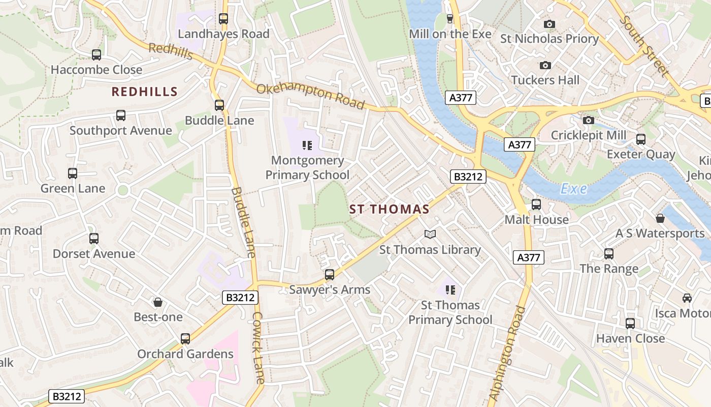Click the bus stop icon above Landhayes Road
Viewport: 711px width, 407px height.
click(223, 19)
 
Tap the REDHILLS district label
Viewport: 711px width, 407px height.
click(144, 92)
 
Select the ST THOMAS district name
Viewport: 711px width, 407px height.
click(389, 209)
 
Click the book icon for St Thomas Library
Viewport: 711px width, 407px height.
click(430, 235)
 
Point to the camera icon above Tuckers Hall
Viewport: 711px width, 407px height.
click(545, 65)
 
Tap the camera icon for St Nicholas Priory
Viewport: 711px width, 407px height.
click(549, 24)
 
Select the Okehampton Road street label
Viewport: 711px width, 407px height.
click(310, 96)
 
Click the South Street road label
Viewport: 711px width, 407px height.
click(643, 46)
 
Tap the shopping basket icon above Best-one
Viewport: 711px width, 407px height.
click(158, 302)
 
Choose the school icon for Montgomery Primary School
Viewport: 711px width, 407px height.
click(307, 146)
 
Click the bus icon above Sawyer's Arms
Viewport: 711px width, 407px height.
click(330, 275)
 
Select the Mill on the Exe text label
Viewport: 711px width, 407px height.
click(450, 34)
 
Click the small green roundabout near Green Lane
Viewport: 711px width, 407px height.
click(122, 191)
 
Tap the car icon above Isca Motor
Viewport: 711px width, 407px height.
click(687, 298)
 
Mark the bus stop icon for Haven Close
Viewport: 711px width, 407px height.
click(630, 323)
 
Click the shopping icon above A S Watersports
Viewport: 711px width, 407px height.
click(660, 218)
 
